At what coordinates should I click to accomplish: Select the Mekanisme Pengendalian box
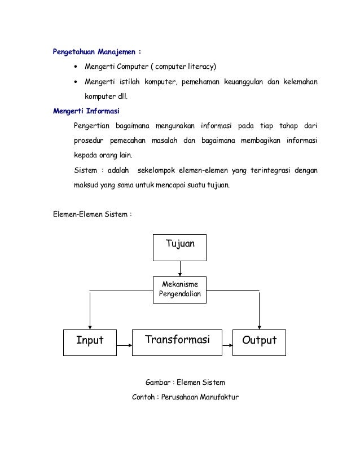coord(180,289)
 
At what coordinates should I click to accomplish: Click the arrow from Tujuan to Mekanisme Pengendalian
coord(180,269)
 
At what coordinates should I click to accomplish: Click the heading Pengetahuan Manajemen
coord(96,52)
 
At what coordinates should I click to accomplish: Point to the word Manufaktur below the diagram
coord(217,397)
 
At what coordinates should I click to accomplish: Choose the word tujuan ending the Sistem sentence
coord(217,184)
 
